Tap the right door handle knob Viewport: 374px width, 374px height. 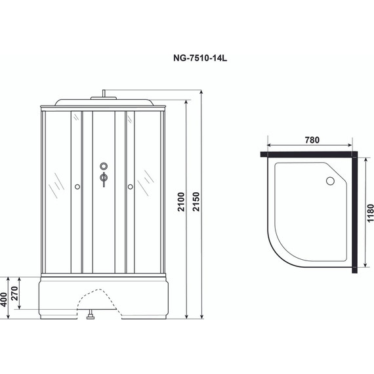pyautogui.click(x=131, y=188)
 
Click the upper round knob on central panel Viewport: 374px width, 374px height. pyautogui.click(x=104, y=166)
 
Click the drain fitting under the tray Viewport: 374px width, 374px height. pyautogui.click(x=90, y=320)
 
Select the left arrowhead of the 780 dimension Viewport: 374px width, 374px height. pyautogui.click(x=270, y=146)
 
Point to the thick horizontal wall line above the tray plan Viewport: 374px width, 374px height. pyautogui.click(x=308, y=155)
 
